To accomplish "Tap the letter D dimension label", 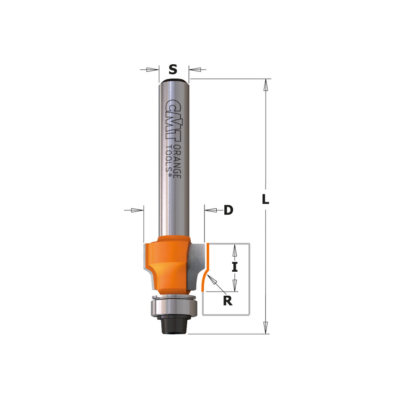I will coord(228,210).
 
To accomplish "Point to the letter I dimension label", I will coord(235,267).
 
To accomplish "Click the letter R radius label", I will coord(228,301).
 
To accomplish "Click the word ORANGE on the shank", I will coord(177,162).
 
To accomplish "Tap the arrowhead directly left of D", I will coord(212,210).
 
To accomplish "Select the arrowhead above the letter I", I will coord(235,251).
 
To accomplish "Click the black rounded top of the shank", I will coord(174,80).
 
